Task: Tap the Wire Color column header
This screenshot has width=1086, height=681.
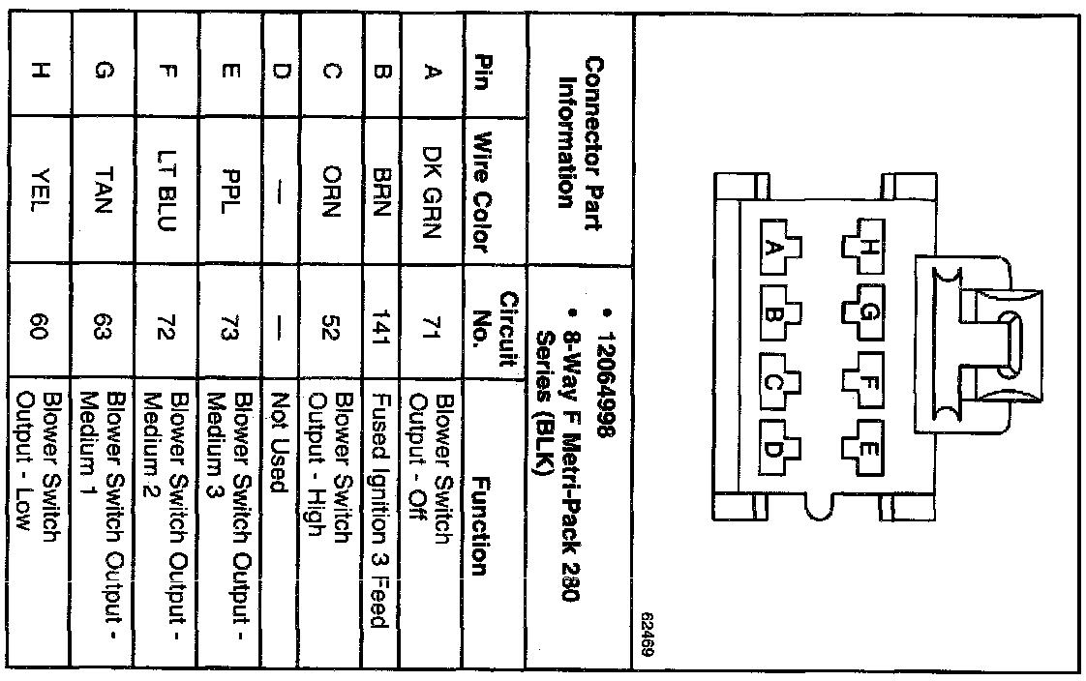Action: point(485,193)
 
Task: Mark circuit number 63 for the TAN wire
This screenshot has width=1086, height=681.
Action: point(103,316)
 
